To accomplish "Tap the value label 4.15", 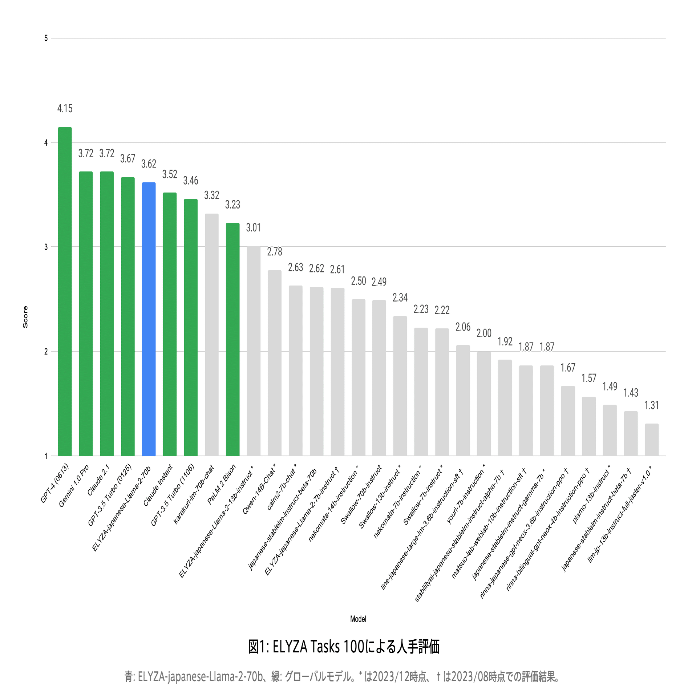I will pos(65,109).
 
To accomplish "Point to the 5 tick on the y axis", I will pos(46,38).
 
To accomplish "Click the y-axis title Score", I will pos(25,317).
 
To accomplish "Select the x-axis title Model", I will pos(358,619).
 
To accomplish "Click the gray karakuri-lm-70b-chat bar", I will pos(212,335).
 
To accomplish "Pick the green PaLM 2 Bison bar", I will pos(232,339).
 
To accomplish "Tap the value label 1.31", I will pos(652,405).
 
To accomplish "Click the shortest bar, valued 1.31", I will pos(652,440).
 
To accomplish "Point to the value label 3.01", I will pos(254,228).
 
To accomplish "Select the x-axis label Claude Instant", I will pos(158,485).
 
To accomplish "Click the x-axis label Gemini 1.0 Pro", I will pos(74,486).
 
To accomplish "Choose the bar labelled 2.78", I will pos(275,363).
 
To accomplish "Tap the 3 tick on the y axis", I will pos(46,247).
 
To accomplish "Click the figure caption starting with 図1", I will pos(344,647).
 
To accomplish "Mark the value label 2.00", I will pos(484,333).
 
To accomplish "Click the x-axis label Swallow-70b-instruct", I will pos(361,495).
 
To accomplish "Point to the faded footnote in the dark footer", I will pos(341,677).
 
